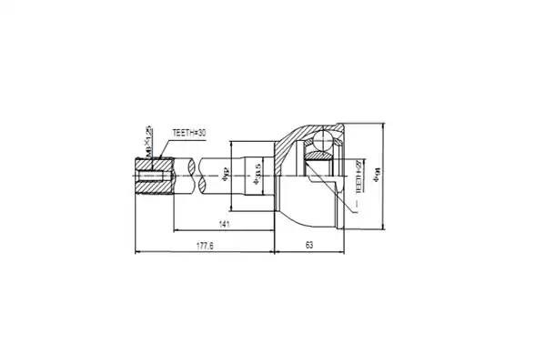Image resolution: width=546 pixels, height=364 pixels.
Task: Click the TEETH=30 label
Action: point(189,133)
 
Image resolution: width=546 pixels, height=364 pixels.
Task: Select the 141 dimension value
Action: point(224,223)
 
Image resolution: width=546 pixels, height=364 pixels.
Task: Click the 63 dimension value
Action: point(309,245)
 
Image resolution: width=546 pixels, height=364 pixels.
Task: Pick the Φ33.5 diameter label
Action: point(258,170)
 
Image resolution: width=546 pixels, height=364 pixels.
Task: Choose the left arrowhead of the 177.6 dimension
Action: point(137,252)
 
